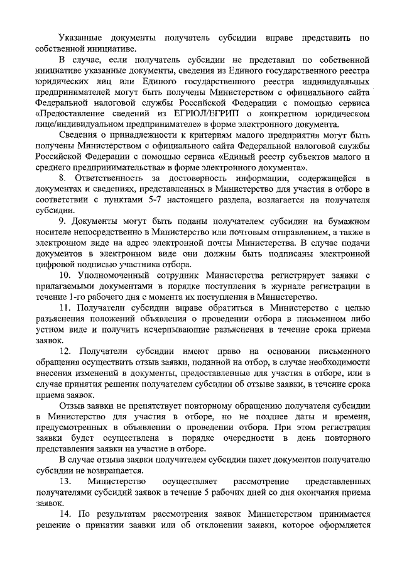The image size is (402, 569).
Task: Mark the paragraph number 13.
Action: point(64,481)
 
